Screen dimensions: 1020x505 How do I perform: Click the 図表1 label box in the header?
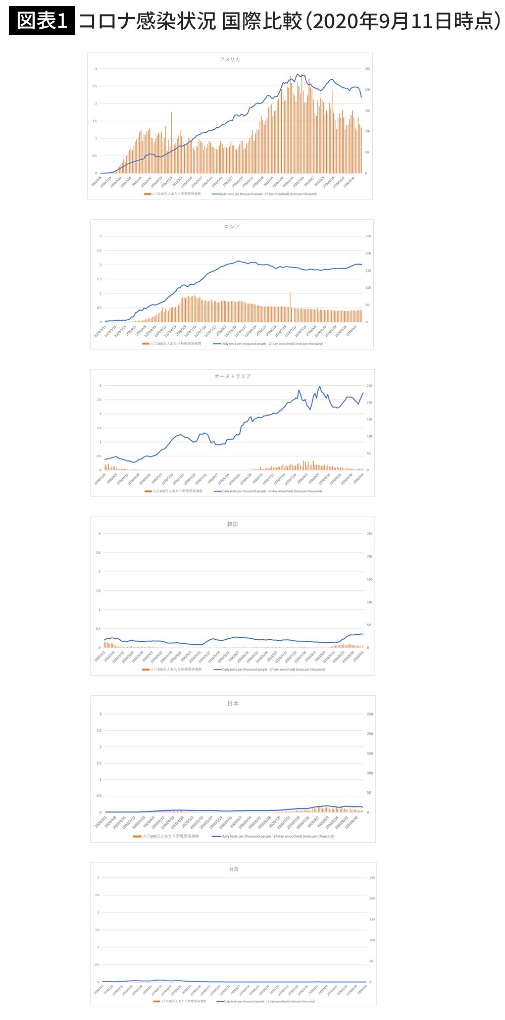tap(42, 21)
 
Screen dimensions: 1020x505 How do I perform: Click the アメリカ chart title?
tap(230, 60)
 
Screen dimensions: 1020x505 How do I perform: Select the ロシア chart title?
tap(232, 227)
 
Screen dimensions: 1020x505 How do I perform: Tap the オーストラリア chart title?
tap(232, 376)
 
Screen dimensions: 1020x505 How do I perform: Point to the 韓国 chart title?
tap(232, 524)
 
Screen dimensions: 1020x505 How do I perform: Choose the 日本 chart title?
tap(233, 703)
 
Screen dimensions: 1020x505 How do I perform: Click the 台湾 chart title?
tap(233, 869)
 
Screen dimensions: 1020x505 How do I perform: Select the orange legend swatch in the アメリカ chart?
tap(147, 194)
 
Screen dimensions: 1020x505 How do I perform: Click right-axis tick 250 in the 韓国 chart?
tap(370, 534)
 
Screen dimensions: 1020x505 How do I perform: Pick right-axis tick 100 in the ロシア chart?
tap(369, 288)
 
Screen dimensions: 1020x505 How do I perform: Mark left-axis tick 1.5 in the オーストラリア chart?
tap(99, 428)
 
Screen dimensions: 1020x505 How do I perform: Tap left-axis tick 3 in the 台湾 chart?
tap(98, 878)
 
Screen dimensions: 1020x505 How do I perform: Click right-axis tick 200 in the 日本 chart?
tap(370, 734)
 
